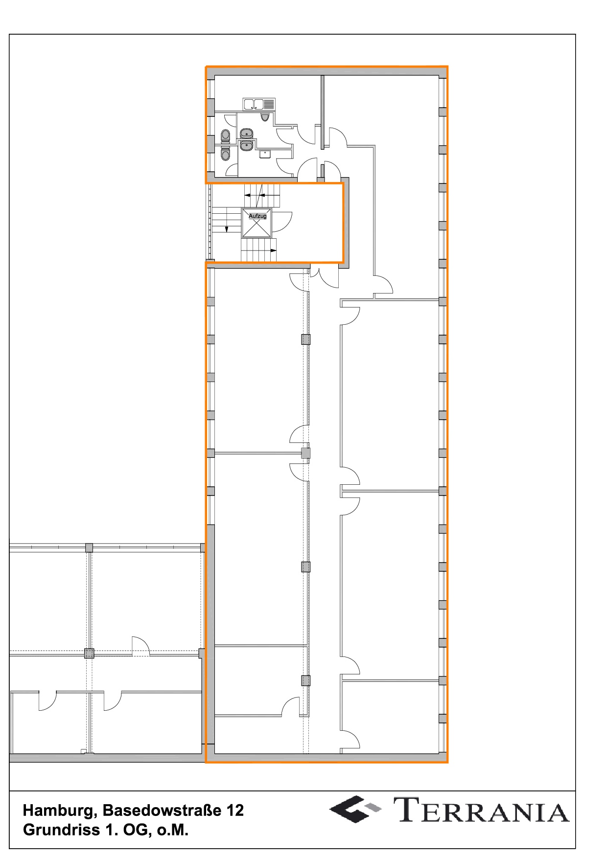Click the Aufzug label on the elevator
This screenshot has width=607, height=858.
coord(257,216)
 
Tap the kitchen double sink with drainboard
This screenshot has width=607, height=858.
coord(259,104)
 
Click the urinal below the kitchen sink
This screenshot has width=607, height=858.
coord(265,117)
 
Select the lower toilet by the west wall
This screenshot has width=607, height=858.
coord(225,153)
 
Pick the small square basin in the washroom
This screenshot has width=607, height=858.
coord(265,154)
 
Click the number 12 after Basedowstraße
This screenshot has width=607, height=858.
coord(235,811)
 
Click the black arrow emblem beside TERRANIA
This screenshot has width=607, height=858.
coord(349,810)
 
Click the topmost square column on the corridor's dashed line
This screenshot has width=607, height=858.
coord(305,339)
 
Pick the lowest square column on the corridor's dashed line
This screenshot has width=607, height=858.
coord(305,680)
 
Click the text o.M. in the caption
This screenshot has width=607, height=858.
coord(173,830)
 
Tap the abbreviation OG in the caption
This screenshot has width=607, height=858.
coord(137,830)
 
